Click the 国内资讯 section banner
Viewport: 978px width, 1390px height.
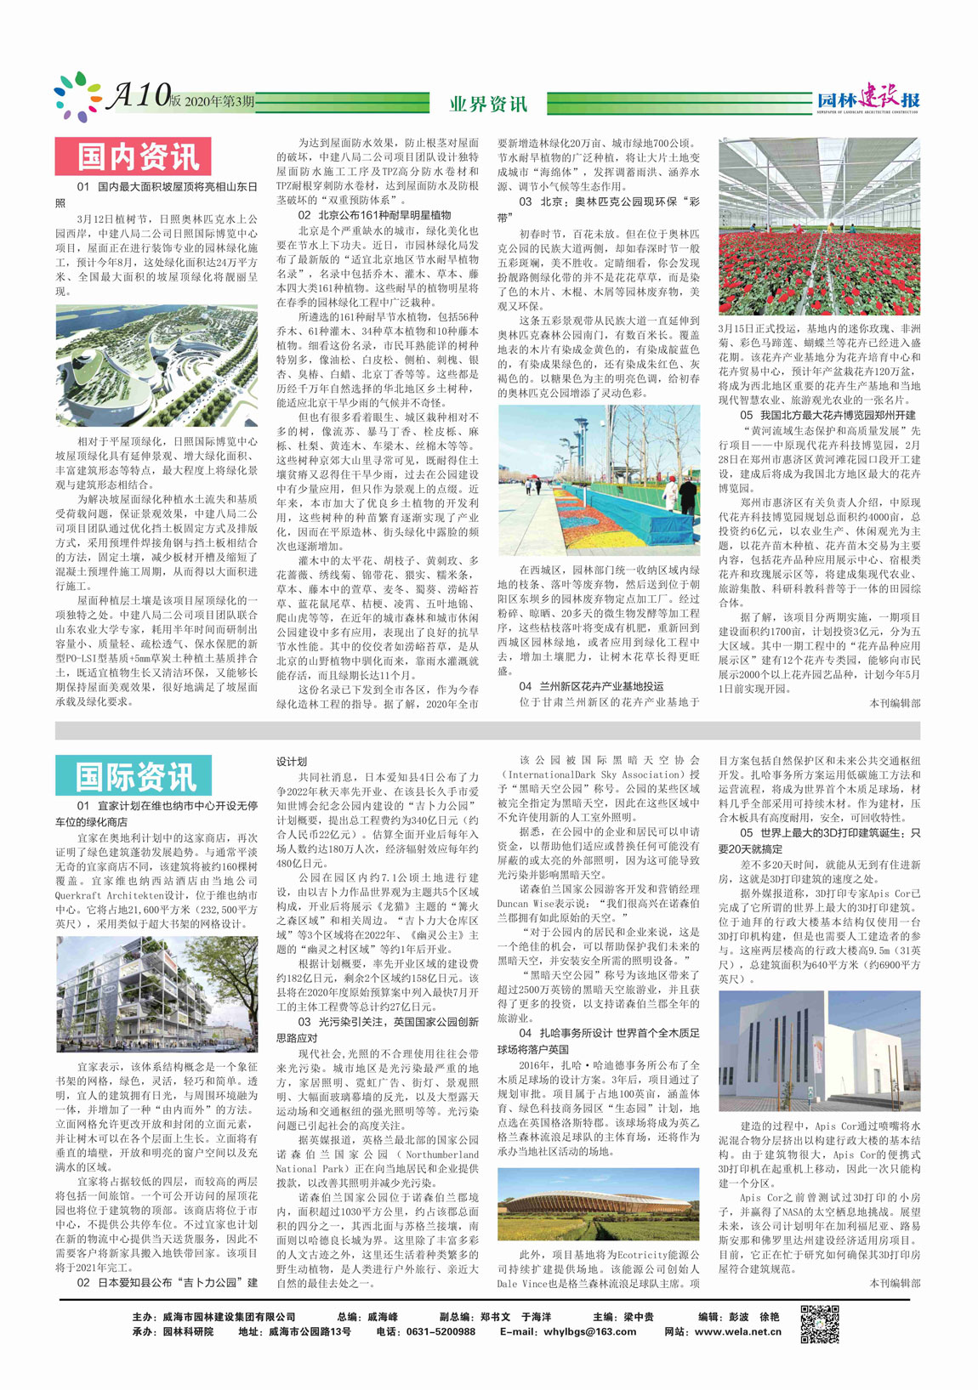133,156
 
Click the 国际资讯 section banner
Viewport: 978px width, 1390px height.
133,775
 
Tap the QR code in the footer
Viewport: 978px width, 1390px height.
820,1324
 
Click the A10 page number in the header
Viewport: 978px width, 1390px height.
139,97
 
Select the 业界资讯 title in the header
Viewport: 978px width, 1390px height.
488,104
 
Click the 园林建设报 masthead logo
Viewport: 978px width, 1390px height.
868,99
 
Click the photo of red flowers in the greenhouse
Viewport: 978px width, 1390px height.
819,226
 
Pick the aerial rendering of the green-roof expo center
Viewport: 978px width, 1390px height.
156,366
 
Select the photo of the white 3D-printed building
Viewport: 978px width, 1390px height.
819,1051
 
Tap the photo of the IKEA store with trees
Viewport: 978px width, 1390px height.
156,994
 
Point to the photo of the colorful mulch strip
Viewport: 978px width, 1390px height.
599,480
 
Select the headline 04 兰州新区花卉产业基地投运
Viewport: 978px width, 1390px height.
591,686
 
